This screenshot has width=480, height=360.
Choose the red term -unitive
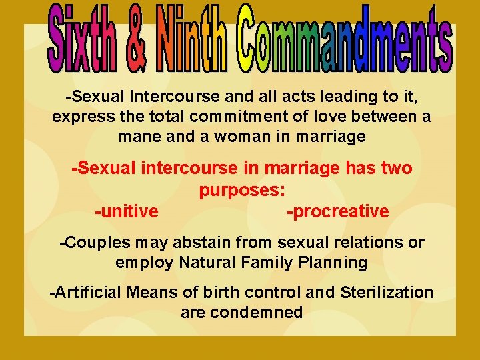click(127, 212)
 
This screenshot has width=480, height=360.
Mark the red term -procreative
click(337, 212)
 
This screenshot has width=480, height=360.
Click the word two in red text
click(395, 169)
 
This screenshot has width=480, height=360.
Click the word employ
click(145, 263)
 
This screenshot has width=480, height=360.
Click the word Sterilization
click(387, 292)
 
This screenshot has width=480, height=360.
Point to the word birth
click(243, 292)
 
